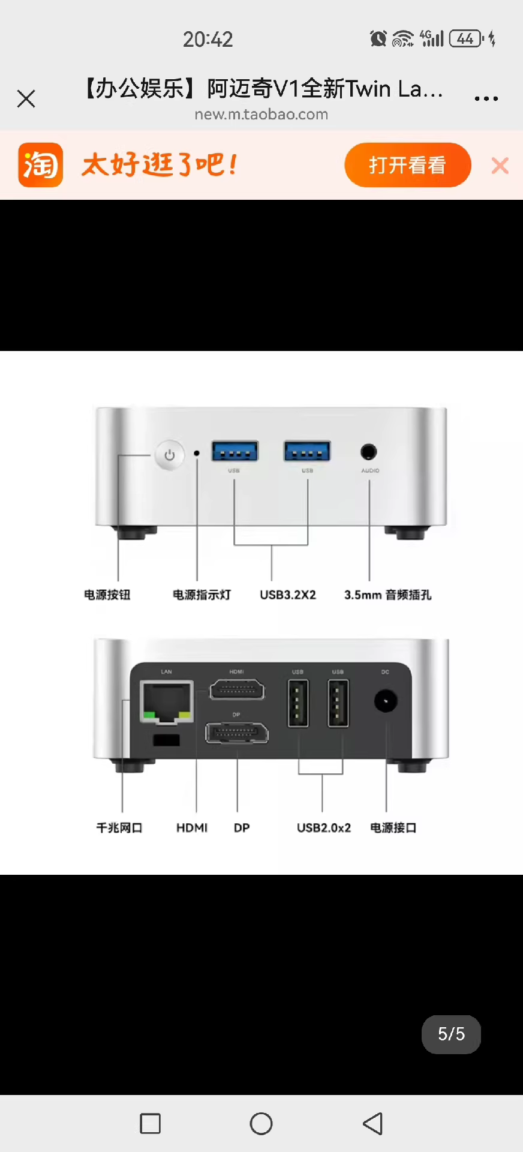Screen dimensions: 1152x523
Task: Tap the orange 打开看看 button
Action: click(408, 165)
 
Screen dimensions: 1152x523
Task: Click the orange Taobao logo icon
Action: click(40, 165)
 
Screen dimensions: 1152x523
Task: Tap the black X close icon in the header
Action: click(26, 98)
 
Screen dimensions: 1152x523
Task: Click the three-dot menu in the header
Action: click(486, 98)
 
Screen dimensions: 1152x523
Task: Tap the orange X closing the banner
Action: click(500, 166)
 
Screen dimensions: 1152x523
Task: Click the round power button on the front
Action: click(170, 455)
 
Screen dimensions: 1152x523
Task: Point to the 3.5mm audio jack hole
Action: click(369, 452)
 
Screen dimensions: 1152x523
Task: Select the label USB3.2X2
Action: click(288, 595)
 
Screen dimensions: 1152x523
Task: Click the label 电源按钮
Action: click(107, 595)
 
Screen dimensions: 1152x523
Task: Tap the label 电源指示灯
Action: click(202, 595)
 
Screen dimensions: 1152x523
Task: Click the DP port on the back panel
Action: click(237, 733)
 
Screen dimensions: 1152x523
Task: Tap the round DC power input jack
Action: click(385, 701)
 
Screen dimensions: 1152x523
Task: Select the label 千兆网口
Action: click(119, 828)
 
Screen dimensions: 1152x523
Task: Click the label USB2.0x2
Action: click(324, 828)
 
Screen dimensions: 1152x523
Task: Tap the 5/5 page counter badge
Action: click(451, 1034)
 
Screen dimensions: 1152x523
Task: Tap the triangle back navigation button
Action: click(373, 1123)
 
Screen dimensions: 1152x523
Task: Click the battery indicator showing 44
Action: click(466, 39)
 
